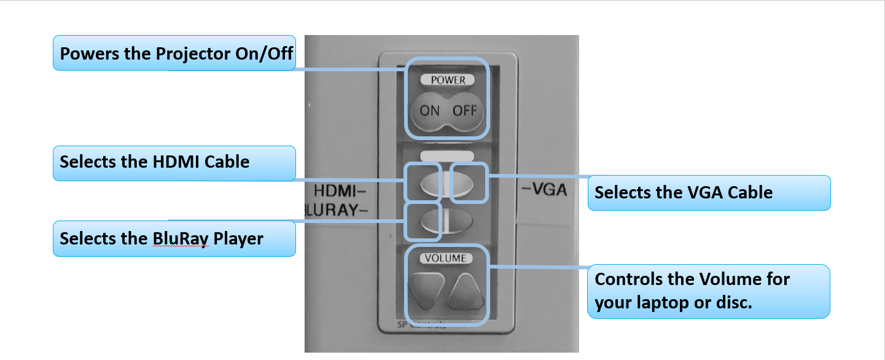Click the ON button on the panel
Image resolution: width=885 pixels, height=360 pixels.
click(x=429, y=111)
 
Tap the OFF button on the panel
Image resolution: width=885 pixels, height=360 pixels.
click(x=464, y=111)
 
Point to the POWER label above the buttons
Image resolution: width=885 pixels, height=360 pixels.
click(x=448, y=80)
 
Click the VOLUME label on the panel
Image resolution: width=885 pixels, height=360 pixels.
click(x=446, y=259)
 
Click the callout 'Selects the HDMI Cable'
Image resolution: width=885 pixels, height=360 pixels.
click(x=174, y=163)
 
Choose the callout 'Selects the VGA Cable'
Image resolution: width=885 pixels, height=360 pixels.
click(x=709, y=193)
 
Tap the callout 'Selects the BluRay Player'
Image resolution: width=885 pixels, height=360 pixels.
click(x=174, y=238)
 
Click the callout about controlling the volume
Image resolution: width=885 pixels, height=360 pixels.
click(x=709, y=291)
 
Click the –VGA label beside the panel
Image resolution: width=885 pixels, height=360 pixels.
click(x=543, y=191)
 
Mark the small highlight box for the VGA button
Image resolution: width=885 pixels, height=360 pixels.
click(x=469, y=182)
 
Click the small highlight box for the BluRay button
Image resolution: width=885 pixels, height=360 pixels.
click(x=423, y=221)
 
